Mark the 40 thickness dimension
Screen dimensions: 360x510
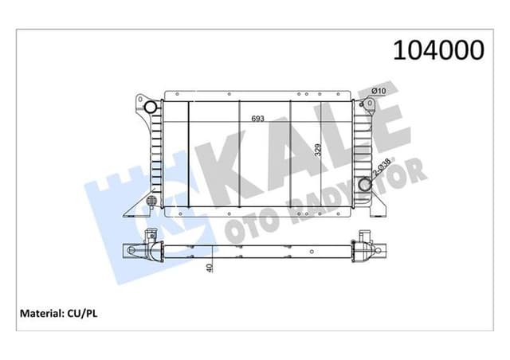click(x=209, y=267)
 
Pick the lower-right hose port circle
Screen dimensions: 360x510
click(x=365, y=186)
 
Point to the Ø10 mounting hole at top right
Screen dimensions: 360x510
click(x=363, y=105)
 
